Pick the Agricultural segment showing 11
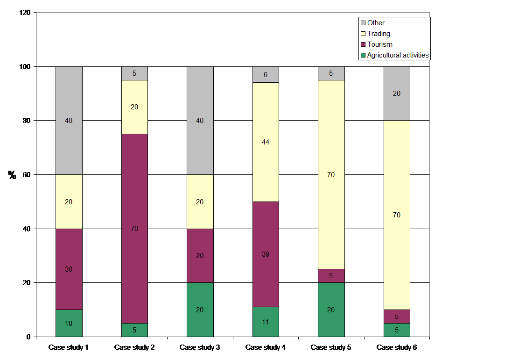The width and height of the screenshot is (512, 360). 266,322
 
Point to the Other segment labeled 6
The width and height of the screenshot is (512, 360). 266,74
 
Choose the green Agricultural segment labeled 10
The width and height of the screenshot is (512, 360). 69,323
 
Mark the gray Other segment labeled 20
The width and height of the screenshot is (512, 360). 397,94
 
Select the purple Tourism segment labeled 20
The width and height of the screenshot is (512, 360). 200,256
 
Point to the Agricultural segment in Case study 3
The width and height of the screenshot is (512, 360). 200,310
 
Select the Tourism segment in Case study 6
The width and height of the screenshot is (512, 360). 397,316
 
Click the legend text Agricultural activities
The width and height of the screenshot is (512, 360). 398,55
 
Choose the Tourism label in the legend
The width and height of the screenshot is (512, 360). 379,44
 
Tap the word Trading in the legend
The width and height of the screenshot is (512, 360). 379,34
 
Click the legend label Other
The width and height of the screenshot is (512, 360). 376,23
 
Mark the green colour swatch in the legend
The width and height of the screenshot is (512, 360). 363,55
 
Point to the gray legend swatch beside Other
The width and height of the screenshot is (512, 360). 363,23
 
